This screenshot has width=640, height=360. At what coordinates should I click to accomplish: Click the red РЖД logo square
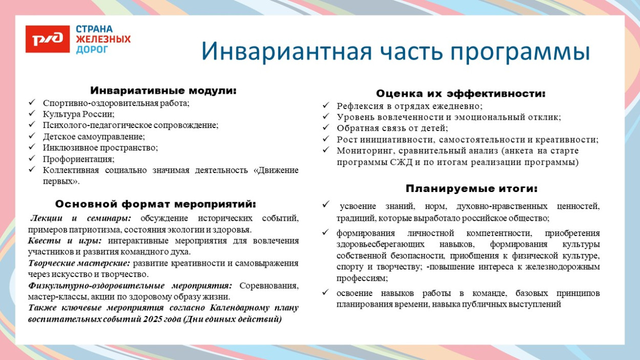47,38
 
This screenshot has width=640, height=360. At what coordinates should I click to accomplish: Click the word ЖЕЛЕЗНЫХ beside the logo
103,39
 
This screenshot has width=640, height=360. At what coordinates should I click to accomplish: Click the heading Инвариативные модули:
163,91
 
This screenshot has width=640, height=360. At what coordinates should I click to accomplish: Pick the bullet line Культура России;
78,114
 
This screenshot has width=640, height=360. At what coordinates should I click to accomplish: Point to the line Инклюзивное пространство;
100,147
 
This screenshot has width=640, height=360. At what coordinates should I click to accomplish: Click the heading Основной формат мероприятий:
155,204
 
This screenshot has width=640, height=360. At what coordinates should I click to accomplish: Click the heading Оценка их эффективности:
460,94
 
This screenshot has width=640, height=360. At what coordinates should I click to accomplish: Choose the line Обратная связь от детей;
392,128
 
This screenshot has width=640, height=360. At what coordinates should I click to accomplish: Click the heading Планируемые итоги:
472,188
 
